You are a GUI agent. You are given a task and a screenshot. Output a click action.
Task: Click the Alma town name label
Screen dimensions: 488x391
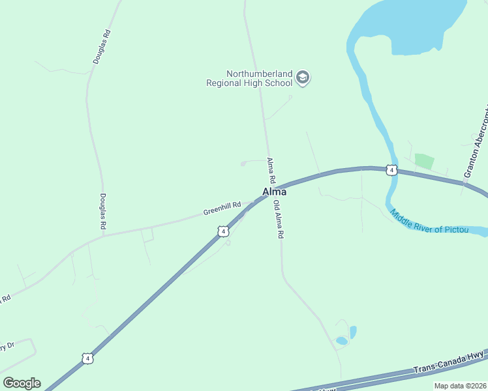[274, 192]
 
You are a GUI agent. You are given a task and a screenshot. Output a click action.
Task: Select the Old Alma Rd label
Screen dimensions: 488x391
[278, 219]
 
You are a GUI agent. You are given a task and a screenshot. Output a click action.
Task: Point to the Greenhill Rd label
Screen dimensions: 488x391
[222, 209]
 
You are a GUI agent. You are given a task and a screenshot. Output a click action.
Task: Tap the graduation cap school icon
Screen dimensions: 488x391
[302, 78]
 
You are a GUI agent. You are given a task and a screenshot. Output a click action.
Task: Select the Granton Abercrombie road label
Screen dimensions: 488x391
[476, 143]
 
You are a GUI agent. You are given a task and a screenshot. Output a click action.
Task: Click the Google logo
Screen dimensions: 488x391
[22, 383]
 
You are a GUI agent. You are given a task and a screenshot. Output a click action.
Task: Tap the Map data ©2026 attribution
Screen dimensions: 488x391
[460, 386]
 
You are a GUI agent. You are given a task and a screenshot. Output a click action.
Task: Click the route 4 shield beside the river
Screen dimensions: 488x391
[390, 170]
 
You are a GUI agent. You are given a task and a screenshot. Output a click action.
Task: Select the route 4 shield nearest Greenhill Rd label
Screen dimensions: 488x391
[223, 231]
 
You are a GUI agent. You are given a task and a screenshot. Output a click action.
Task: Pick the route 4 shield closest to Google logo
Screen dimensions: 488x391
[87, 358]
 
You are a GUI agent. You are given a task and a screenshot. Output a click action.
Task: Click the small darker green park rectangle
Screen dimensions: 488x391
[424, 161]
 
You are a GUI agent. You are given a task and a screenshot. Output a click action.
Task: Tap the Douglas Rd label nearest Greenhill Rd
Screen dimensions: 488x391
[102, 210]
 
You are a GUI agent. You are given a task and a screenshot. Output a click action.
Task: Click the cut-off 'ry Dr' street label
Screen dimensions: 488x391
[7, 346]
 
